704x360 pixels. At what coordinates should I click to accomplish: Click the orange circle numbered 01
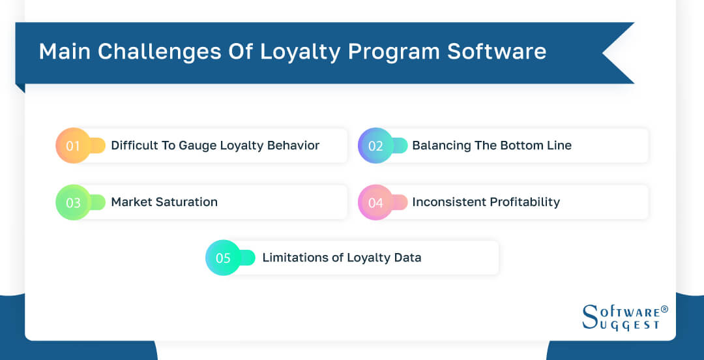(73, 145)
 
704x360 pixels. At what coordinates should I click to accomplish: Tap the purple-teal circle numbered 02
(375, 145)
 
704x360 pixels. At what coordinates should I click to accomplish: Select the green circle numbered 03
(73, 202)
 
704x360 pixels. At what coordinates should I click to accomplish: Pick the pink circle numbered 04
(375, 202)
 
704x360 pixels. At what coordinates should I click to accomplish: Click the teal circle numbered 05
(223, 258)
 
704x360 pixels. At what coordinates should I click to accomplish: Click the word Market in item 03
(131, 202)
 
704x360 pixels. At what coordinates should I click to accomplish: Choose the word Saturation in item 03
(186, 202)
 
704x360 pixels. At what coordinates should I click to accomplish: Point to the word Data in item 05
(407, 258)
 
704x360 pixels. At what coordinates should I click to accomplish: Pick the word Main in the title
(63, 52)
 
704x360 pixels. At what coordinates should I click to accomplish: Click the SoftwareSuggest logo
(620, 317)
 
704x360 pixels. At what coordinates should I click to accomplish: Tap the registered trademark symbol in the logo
(664, 309)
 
